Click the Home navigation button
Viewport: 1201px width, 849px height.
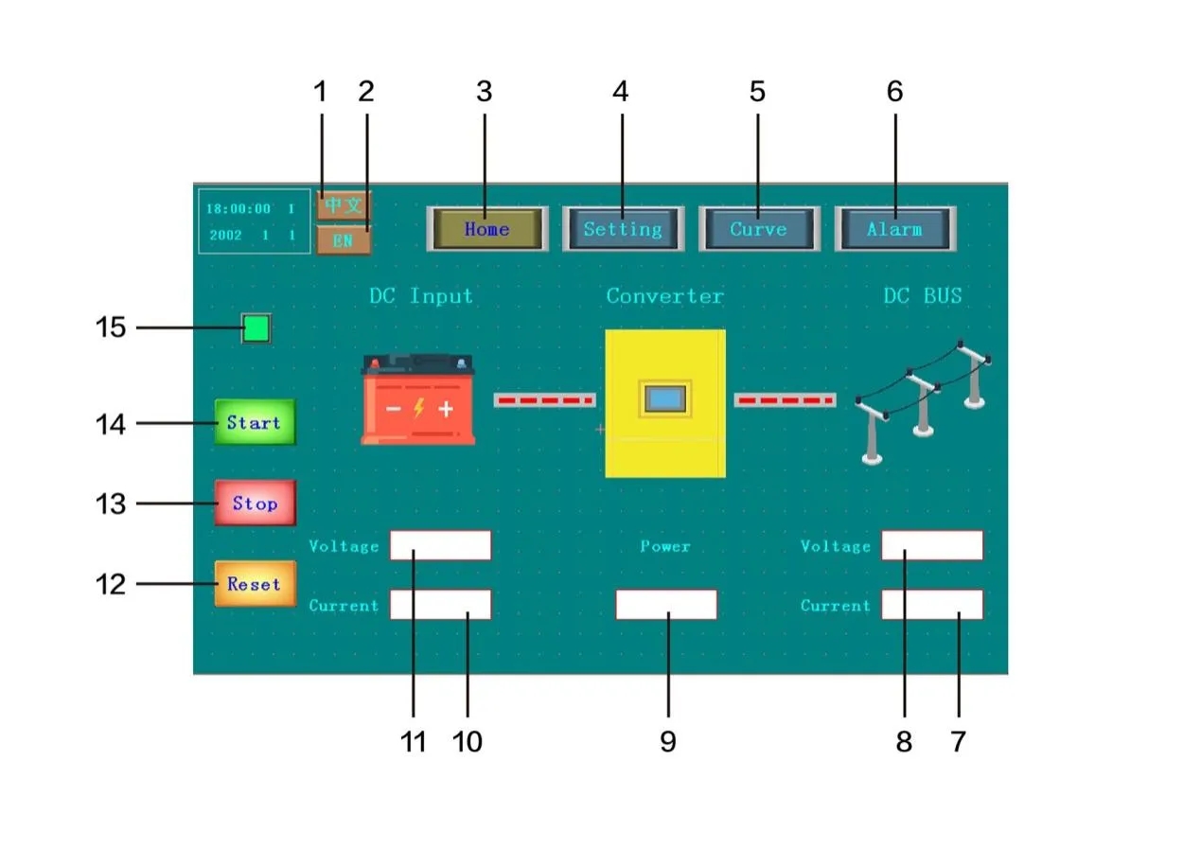(487, 229)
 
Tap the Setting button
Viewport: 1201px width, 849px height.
(623, 229)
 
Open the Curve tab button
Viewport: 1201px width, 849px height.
(759, 229)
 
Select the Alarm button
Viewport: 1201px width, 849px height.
(895, 229)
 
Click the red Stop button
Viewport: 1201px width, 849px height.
(256, 504)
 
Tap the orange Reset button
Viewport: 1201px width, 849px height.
(256, 584)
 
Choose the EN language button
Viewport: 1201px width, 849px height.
(344, 240)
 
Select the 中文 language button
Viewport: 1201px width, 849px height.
(344, 205)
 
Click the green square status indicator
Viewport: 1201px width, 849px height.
(256, 328)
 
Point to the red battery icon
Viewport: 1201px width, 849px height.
(418, 399)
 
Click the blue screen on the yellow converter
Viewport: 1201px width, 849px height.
(664, 399)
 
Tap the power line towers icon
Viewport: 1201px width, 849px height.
(922, 401)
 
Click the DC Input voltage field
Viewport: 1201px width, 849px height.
(440, 545)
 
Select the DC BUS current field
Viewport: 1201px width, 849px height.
(932, 605)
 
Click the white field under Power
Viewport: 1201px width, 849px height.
(666, 605)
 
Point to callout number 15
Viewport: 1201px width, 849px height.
(111, 327)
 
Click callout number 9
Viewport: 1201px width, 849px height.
(668, 742)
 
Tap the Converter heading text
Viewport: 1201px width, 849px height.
(664, 296)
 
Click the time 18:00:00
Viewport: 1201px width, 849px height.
(238, 208)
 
